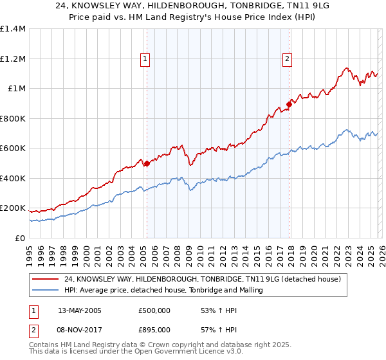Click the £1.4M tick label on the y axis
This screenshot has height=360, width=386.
point(12,29)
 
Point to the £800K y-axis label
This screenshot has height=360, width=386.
point(12,118)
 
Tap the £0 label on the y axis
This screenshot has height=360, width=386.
point(21,238)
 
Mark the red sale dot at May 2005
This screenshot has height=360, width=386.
point(147,163)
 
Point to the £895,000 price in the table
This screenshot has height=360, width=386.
point(154,329)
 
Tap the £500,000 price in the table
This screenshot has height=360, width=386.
point(154,310)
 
